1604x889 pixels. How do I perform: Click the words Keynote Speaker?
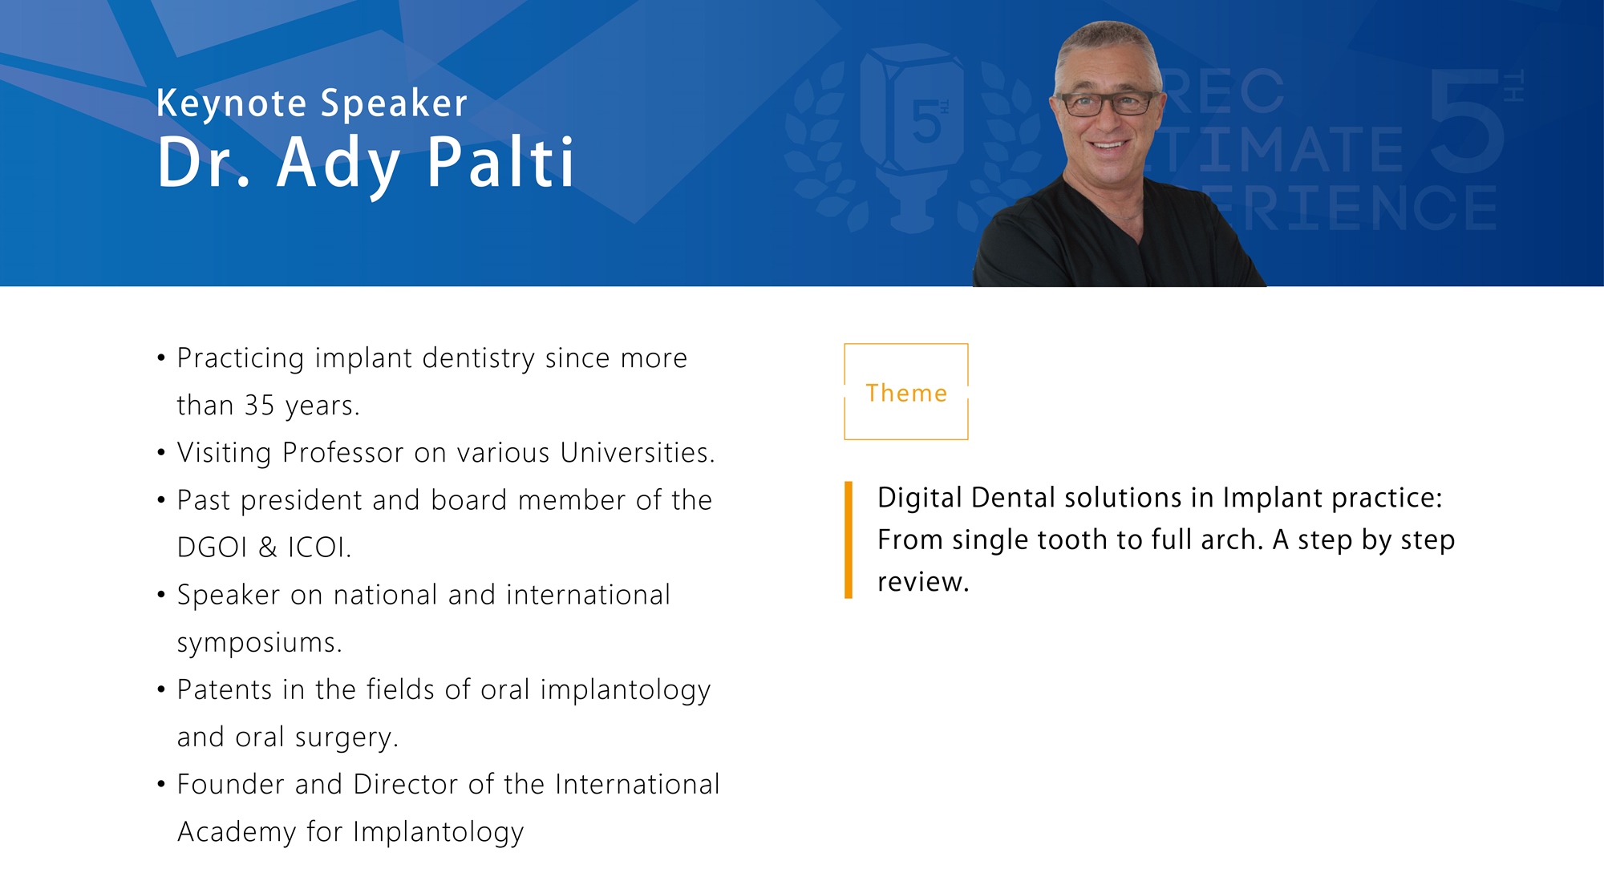[312, 104]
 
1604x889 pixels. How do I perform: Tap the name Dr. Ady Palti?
[366, 164]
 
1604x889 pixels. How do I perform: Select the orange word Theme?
[906, 393]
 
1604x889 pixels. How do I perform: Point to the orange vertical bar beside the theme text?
[849, 539]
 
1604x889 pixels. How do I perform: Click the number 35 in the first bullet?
[260, 406]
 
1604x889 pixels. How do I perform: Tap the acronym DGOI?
[213, 548]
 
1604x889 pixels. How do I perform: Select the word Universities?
[638, 453]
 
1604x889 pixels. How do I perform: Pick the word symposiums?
[260, 643]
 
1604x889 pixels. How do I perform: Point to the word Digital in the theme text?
[920, 499]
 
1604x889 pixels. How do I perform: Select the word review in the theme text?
[923, 583]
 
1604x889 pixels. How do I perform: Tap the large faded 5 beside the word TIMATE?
[1466, 120]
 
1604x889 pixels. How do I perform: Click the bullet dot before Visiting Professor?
[161, 453]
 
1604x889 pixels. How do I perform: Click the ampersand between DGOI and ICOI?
[268, 548]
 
